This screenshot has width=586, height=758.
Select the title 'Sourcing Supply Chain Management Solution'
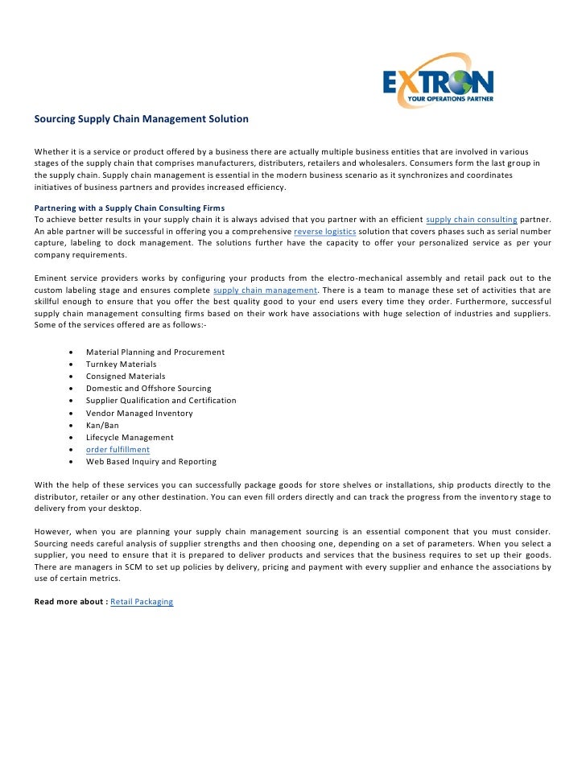point(141,119)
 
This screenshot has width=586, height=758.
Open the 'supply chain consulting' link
point(471,219)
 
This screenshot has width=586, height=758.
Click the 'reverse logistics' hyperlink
point(324,231)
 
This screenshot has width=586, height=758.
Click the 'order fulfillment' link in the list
point(118,450)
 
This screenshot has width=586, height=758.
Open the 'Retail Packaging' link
point(142,602)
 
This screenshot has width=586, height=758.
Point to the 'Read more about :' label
point(71,602)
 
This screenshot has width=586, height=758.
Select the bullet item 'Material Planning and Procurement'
point(155,352)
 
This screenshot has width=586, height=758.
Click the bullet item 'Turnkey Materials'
point(121,365)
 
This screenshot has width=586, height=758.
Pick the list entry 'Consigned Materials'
point(126,377)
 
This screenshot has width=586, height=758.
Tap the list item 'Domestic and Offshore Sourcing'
point(148,389)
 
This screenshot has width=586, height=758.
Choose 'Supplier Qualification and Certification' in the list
point(161,401)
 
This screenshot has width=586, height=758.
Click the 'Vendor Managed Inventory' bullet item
point(139,414)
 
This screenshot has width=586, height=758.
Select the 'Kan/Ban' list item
point(103,426)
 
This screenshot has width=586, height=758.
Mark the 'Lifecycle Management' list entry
point(130,438)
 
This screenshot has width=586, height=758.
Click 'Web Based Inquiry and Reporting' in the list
point(151,462)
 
